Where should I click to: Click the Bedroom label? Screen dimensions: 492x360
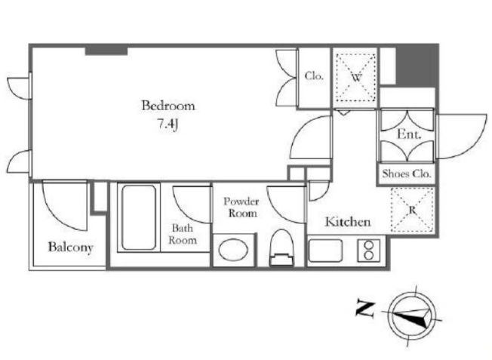(x=168, y=106)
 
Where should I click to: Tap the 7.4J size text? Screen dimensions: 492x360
(x=168, y=125)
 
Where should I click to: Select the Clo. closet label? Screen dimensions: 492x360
(x=314, y=76)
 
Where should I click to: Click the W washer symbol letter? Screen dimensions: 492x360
(x=356, y=77)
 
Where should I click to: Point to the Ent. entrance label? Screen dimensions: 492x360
(x=409, y=134)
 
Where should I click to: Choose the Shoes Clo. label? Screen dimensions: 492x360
(x=407, y=174)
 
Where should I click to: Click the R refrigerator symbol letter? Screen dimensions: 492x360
(x=412, y=211)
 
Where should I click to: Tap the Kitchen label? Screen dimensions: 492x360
(x=348, y=222)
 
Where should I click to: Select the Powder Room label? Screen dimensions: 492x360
(x=241, y=207)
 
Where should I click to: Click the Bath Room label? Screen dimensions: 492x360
(x=183, y=234)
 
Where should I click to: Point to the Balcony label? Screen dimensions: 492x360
(x=71, y=247)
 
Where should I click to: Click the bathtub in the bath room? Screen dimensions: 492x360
(x=139, y=217)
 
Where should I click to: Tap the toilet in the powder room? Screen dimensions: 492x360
(x=281, y=248)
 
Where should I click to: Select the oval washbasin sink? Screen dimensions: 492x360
(x=233, y=250)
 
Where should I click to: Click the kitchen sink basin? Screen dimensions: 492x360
(x=325, y=251)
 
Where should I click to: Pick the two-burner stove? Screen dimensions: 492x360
(x=369, y=251)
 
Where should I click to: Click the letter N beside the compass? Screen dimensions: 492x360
(x=365, y=309)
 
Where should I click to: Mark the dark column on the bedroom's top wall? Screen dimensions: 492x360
(x=106, y=51)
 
